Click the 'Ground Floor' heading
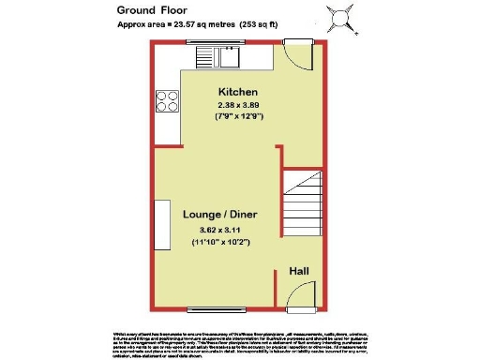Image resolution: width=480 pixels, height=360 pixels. pos(150,10)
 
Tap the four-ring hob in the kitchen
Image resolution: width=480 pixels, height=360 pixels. pos(169,99)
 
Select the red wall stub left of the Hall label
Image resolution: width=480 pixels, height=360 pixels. pos(277,287)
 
